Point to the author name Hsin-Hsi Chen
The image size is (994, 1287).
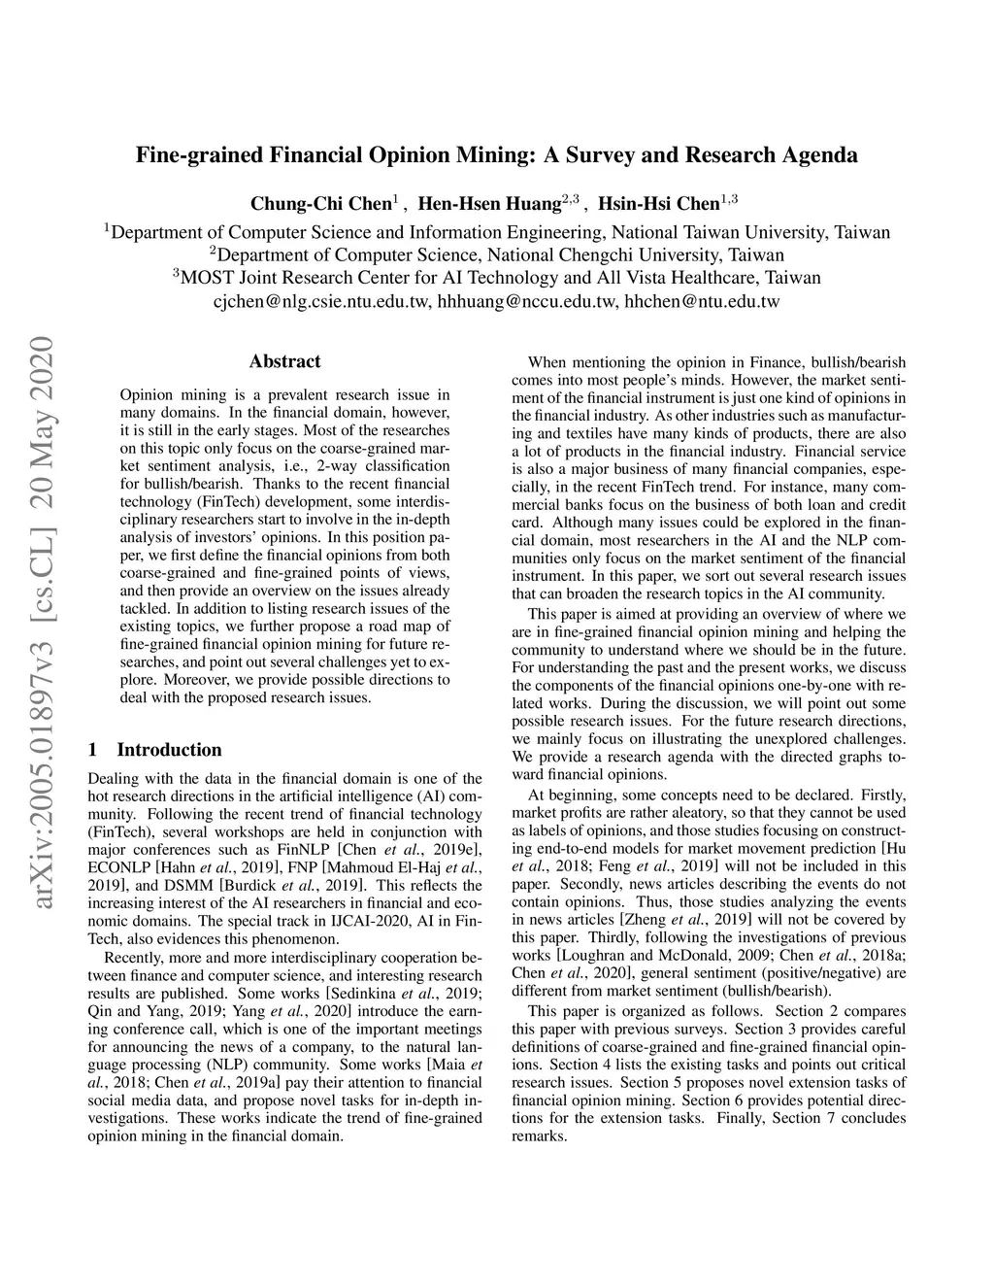(658, 204)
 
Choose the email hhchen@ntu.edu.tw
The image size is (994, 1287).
(702, 301)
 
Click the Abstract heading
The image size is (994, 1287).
(284, 361)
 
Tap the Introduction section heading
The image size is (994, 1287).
(169, 749)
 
